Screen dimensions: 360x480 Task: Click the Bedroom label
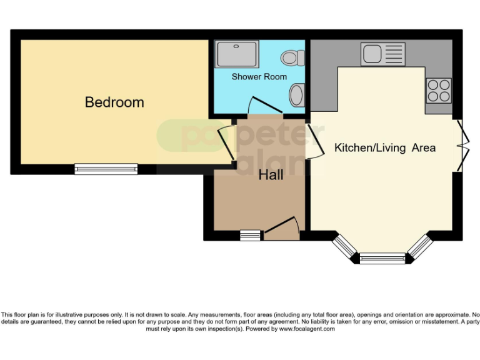[x=114, y=102]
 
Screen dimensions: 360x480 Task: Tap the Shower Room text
[x=259, y=77]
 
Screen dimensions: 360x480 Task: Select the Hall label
[x=271, y=175]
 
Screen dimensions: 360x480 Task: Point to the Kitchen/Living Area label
[x=385, y=148]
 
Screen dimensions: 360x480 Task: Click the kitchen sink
[x=382, y=54]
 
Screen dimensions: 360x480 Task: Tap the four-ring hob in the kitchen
[x=438, y=90]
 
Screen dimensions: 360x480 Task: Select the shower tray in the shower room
[x=236, y=54]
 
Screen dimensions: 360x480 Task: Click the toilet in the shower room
[x=292, y=58]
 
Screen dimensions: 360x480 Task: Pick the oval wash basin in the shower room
[x=296, y=96]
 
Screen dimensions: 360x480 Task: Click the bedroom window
[x=106, y=169]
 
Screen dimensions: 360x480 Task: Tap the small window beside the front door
[x=251, y=235]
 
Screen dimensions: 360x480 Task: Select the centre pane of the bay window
[x=382, y=257]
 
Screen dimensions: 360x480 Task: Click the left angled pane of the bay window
[x=344, y=246]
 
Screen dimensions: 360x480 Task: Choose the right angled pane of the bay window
[x=421, y=246]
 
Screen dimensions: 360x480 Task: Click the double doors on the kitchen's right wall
[x=461, y=145]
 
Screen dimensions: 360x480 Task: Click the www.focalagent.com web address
[x=306, y=329]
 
